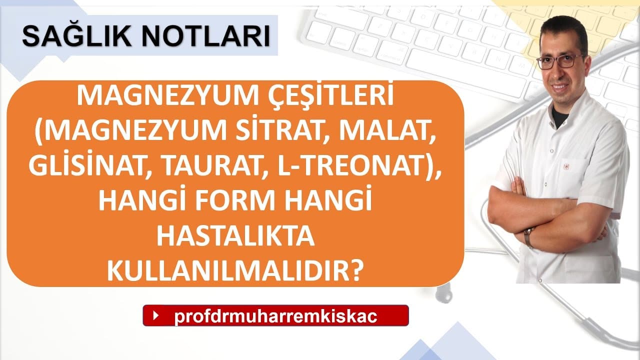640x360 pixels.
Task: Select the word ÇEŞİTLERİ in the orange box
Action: [x=331, y=95]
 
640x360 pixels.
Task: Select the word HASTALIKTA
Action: [x=235, y=236]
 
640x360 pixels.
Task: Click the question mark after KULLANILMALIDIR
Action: [x=356, y=271]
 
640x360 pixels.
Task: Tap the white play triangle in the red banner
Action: [x=156, y=315]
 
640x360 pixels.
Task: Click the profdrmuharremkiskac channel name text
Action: [x=275, y=316]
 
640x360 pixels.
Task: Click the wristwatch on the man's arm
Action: [x=528, y=237]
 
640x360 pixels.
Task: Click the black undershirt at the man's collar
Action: [x=559, y=115]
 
